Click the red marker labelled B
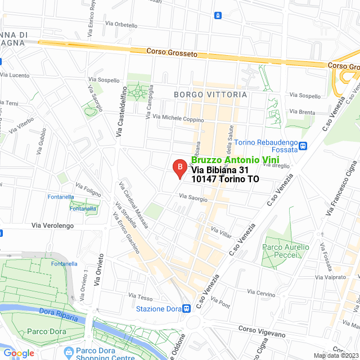(x=179, y=168)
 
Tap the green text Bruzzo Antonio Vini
(x=226, y=160)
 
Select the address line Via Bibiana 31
(x=219, y=170)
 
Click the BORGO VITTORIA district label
(x=210, y=94)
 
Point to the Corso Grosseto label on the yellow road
(x=172, y=53)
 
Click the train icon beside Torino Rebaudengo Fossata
(x=303, y=146)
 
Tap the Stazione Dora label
(x=158, y=308)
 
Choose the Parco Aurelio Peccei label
(x=286, y=251)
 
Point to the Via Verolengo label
(x=52, y=226)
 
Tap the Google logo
(x=19, y=353)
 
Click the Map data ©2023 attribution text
(x=335, y=355)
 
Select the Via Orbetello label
(x=121, y=25)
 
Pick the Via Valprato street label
(x=331, y=277)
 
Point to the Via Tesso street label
(x=141, y=296)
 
